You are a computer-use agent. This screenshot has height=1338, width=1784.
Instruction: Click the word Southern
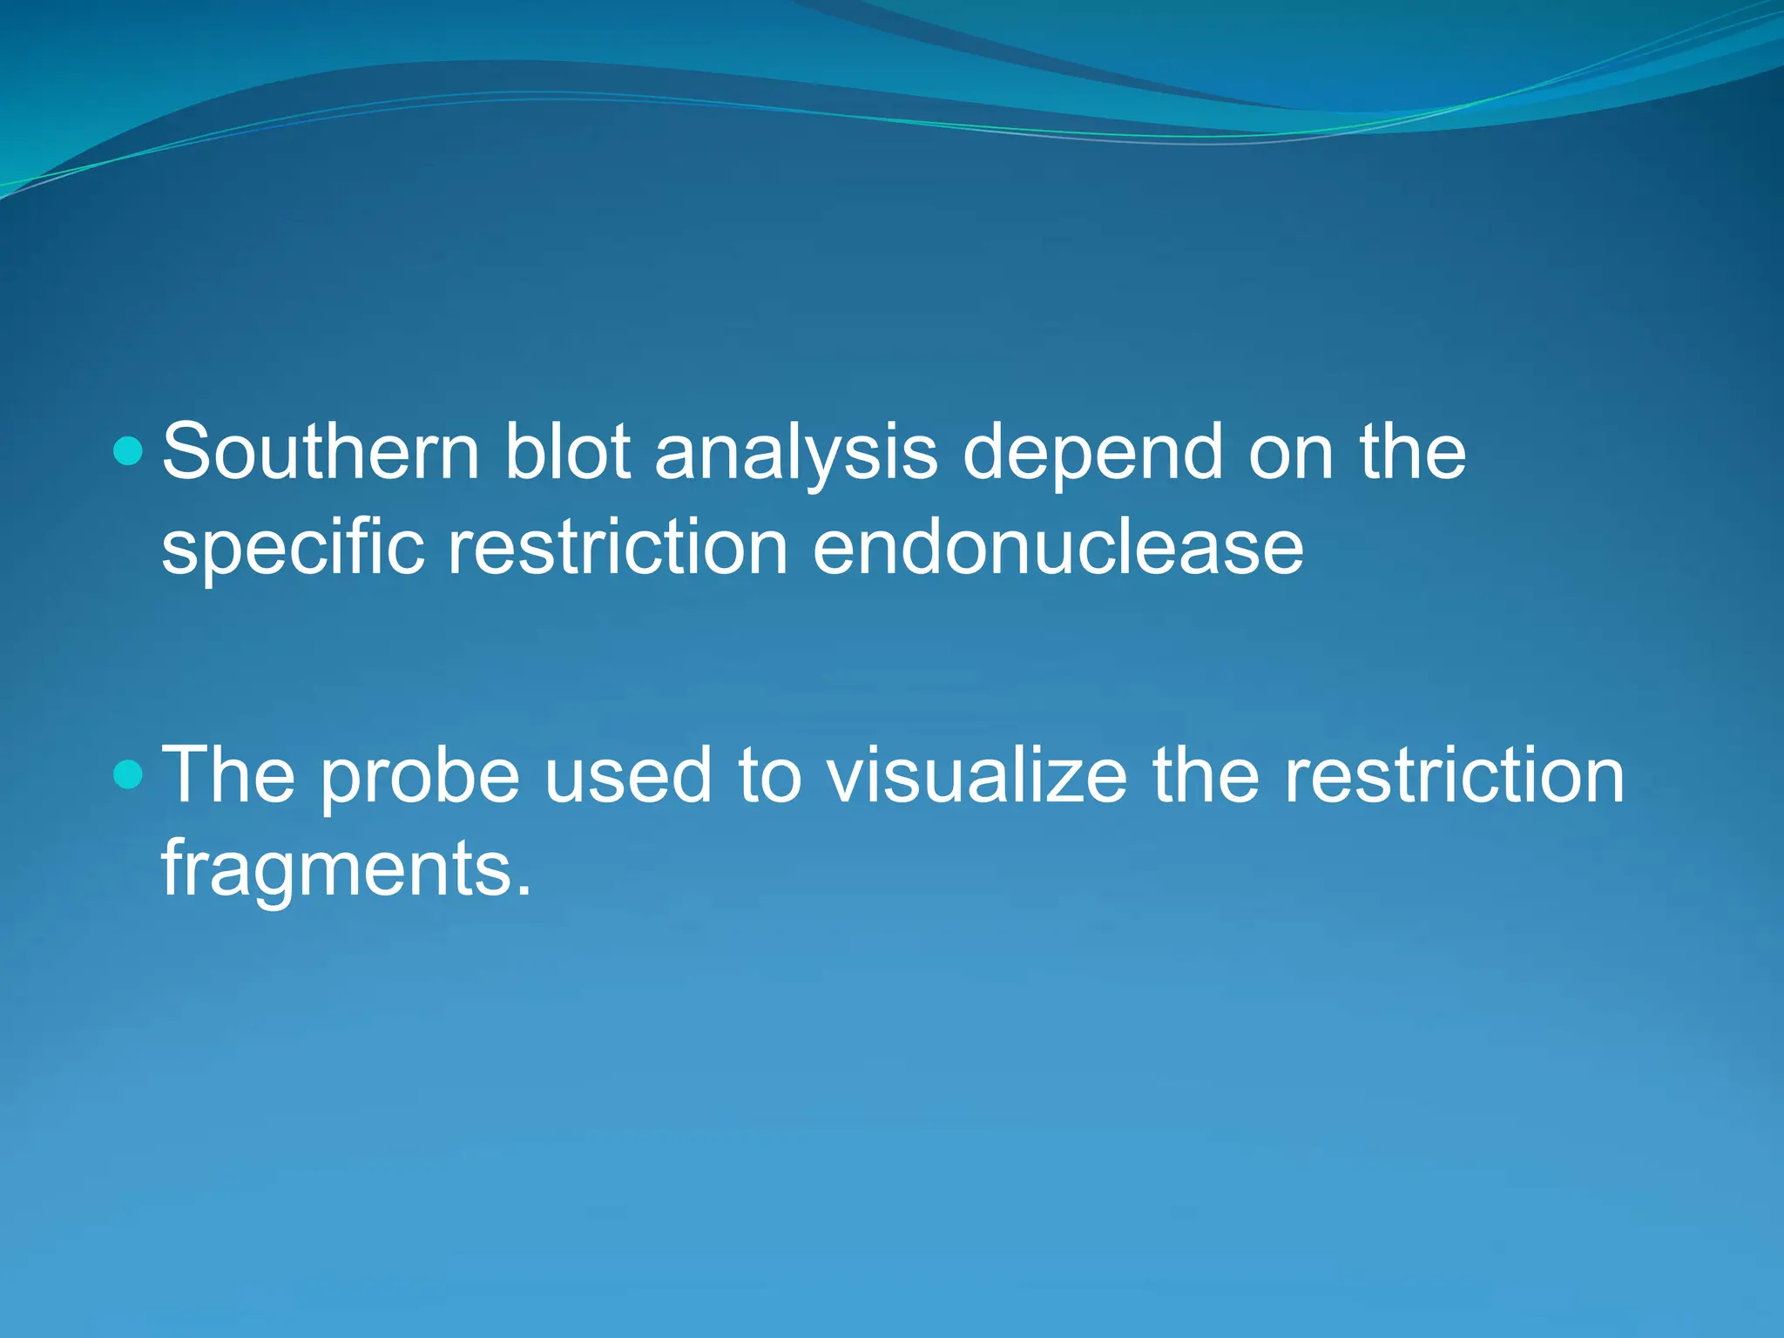coord(320,452)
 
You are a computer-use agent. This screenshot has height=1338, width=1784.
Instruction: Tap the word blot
coord(567,452)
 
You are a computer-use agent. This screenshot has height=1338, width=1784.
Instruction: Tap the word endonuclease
coord(1058,549)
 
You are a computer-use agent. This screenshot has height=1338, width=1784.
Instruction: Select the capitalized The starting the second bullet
coord(229,774)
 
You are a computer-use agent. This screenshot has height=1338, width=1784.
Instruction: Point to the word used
coord(628,774)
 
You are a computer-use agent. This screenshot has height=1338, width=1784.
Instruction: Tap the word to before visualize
coord(769,775)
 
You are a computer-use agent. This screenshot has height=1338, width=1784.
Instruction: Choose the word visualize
coord(976,774)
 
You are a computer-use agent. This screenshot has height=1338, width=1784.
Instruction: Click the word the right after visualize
coord(1206,774)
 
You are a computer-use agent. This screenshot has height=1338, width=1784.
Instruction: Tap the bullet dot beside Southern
coord(128,451)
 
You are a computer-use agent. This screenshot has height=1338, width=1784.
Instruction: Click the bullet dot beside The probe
coord(128,774)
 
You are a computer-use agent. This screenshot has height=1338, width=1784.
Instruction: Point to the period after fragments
coord(523,891)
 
